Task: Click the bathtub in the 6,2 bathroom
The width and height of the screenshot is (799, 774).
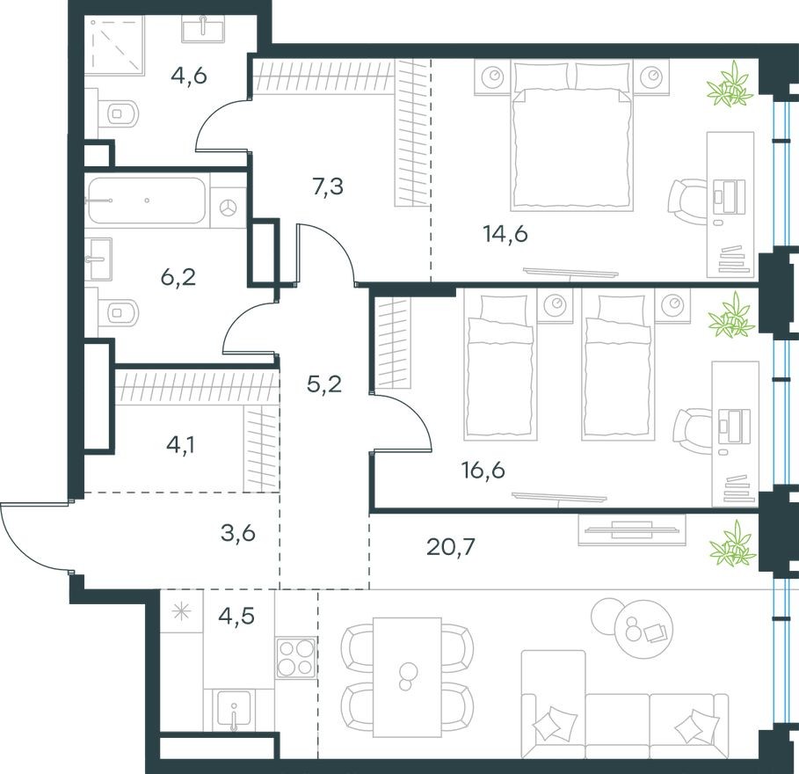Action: coord(147,202)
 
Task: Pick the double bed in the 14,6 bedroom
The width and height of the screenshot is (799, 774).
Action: coord(572,141)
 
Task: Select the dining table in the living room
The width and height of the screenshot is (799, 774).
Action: coord(407,675)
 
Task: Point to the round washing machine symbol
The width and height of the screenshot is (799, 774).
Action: coord(229,208)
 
